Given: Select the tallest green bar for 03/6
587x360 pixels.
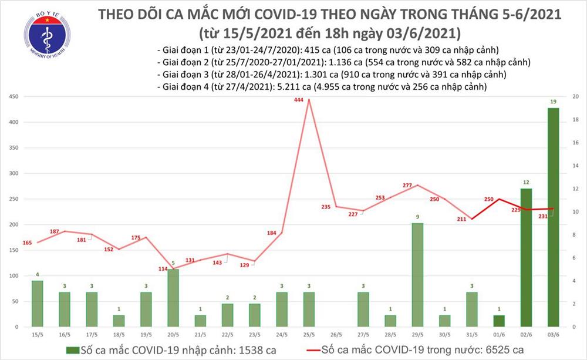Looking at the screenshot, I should pyautogui.click(x=553, y=217).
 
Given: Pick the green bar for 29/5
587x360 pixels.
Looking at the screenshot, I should pyautogui.click(x=417, y=275).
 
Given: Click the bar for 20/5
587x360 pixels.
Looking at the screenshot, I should pyautogui.click(x=173, y=298).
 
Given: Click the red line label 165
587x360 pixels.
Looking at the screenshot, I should pyautogui.click(x=28, y=242).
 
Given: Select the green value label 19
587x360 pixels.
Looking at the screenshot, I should pyautogui.click(x=553, y=102).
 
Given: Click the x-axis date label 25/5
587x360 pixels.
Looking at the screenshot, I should pyautogui.click(x=308, y=334).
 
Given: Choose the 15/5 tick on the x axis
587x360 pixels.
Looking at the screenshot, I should pyautogui.click(x=38, y=334).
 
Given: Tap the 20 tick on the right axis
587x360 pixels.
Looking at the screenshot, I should pyautogui.click(x=576, y=97).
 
